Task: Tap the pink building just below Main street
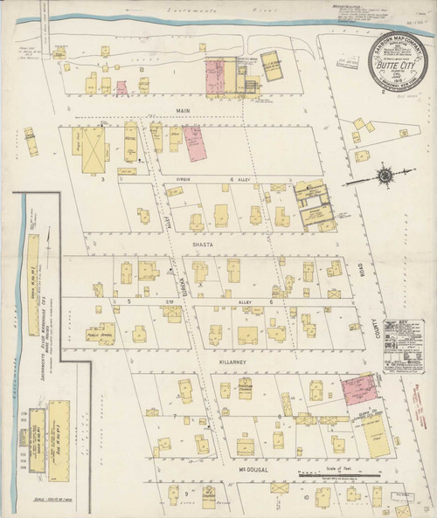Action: pyautogui.click(x=192, y=142)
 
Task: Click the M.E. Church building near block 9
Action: pyautogui.click(x=210, y=496)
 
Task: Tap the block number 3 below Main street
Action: pyautogui.click(x=102, y=178)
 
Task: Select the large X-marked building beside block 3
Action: pyautogui.click(x=94, y=149)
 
